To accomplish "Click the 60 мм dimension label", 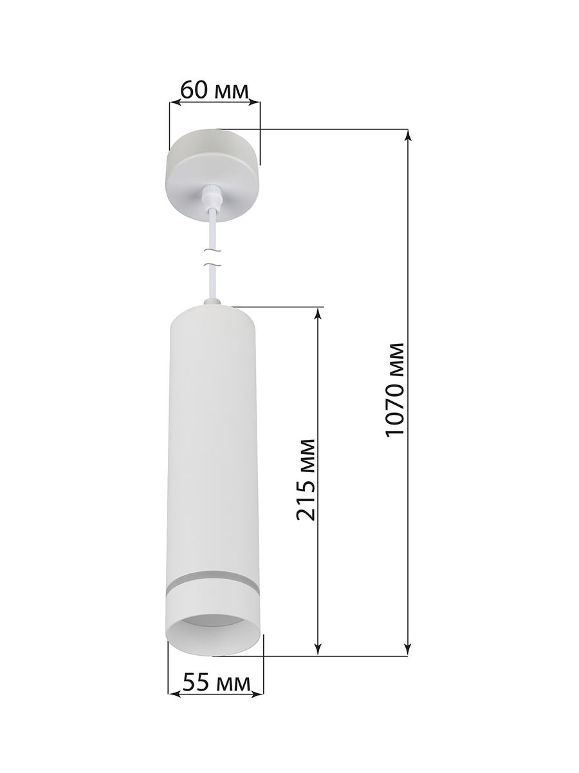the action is point(214,91).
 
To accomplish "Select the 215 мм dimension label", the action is point(305,481).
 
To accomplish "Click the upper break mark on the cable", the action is point(213,251).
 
